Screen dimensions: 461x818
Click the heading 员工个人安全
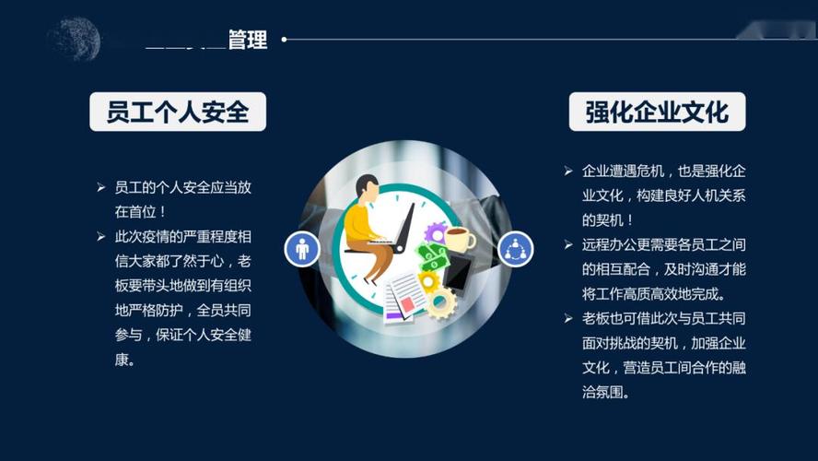point(178,112)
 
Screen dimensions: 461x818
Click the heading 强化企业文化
point(657,112)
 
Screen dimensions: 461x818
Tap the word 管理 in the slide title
point(248,40)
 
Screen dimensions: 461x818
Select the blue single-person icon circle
point(301,248)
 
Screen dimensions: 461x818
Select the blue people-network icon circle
point(515,248)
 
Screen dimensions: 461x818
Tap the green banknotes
point(431,255)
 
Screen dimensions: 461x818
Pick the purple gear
point(435,232)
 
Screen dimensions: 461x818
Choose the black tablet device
point(458,271)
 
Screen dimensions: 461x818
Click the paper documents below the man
point(402,297)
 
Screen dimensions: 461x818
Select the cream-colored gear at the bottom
point(440,301)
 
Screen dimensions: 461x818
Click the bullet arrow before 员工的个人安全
point(101,187)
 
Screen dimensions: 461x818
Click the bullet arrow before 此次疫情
point(101,237)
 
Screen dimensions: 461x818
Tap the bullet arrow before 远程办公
point(568,244)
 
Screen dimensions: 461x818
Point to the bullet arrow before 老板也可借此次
point(568,318)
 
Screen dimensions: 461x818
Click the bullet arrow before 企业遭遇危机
point(568,171)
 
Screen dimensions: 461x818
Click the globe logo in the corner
point(73,38)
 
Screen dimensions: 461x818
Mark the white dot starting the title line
point(284,40)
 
